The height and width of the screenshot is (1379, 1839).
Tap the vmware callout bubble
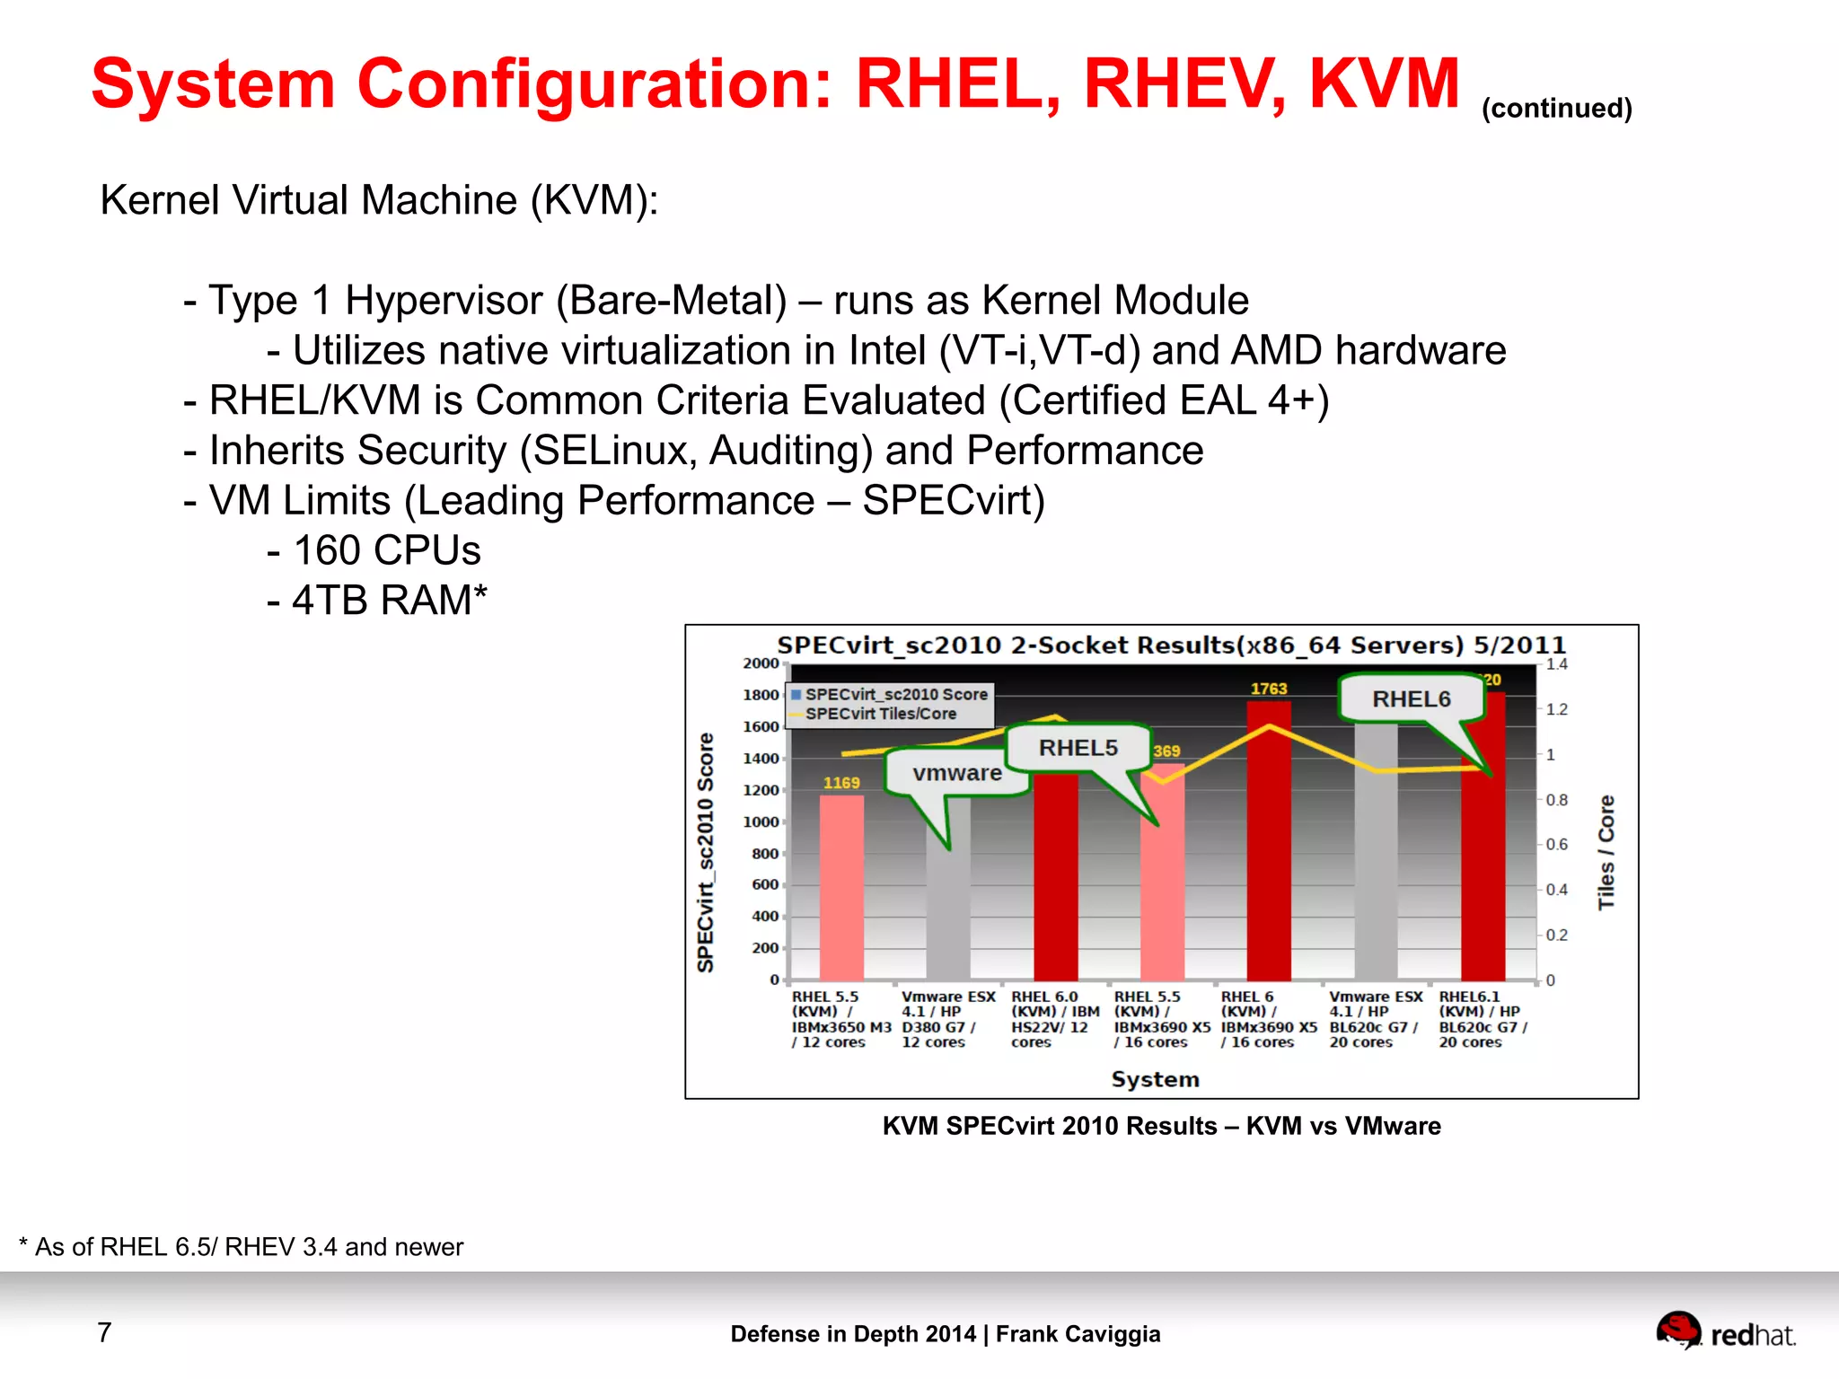(x=957, y=773)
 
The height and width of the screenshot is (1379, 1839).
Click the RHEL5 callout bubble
(x=1078, y=748)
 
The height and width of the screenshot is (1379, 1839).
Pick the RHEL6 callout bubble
(x=1411, y=699)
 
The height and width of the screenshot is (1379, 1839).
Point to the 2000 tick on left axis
(x=761, y=663)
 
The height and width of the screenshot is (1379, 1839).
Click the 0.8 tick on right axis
(x=1556, y=800)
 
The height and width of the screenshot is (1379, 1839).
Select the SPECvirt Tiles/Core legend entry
(x=880, y=714)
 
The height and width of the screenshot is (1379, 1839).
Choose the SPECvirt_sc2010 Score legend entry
(x=895, y=694)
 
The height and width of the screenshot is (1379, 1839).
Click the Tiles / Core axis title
(x=1606, y=852)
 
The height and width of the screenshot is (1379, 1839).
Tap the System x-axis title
(x=1155, y=1079)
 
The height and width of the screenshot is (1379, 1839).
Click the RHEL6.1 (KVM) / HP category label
(x=1482, y=1019)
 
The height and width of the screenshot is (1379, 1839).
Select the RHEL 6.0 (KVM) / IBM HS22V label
(x=1054, y=1019)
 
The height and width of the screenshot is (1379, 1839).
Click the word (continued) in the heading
(x=1556, y=109)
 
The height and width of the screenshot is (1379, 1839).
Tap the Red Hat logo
(x=1725, y=1331)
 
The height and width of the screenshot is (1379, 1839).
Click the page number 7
(x=104, y=1332)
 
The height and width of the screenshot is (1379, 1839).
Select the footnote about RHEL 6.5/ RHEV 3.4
(x=241, y=1247)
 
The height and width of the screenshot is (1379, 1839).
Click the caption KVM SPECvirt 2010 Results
(x=1161, y=1126)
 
